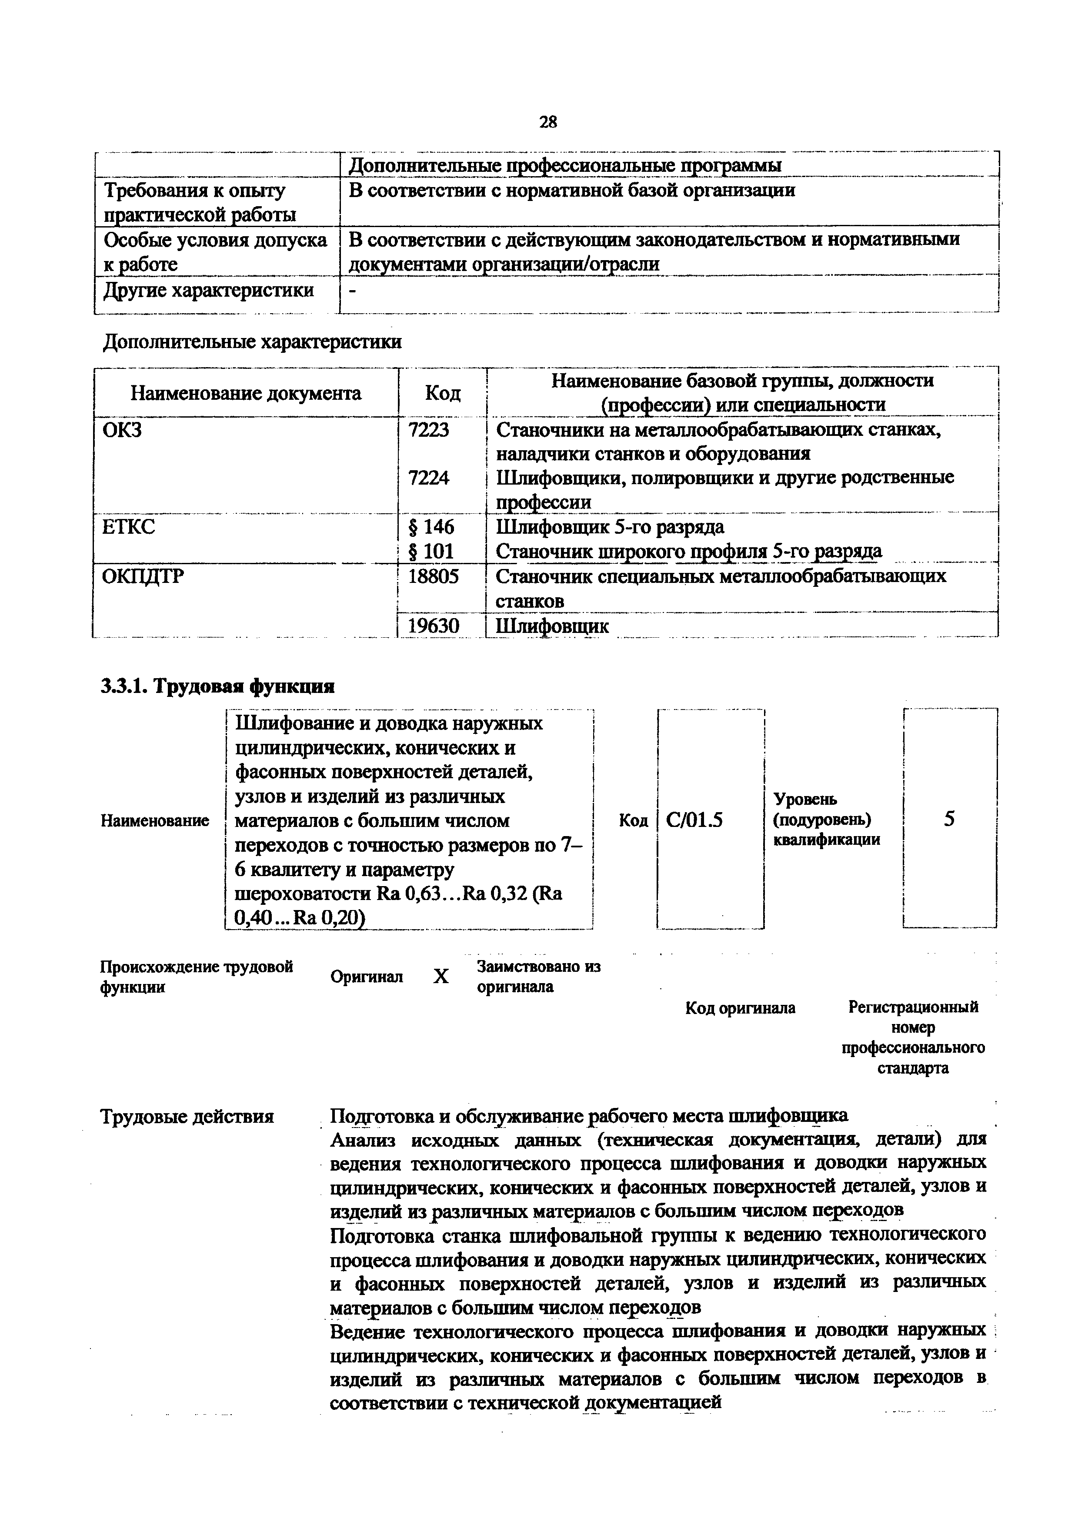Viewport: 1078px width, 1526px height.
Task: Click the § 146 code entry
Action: pos(431,527)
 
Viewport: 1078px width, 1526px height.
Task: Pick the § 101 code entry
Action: pos(431,551)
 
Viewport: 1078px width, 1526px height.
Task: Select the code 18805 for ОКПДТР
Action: pos(433,576)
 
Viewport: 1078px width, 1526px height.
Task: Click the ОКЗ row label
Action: pos(122,430)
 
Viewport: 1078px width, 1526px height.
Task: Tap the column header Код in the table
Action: pos(442,394)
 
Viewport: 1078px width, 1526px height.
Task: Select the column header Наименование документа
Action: pos(246,394)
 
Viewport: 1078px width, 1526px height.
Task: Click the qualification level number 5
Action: pos(950,819)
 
